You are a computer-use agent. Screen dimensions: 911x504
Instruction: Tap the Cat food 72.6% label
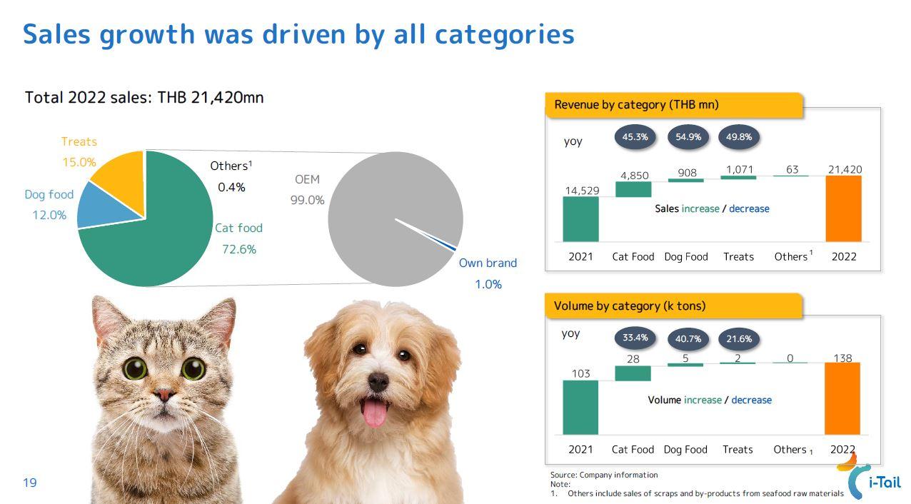tap(238, 238)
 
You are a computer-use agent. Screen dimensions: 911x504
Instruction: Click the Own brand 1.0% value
tap(488, 284)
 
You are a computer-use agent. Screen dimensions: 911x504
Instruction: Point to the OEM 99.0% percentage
tap(307, 200)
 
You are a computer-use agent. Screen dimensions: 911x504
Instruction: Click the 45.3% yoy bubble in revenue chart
tap(635, 137)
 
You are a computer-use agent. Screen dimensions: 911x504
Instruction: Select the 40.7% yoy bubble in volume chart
tap(688, 339)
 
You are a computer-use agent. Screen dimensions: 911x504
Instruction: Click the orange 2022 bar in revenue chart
tap(843, 208)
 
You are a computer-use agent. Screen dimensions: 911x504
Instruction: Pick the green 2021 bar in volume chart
tap(580, 407)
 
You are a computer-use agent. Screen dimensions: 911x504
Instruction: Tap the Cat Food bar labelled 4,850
tap(633, 189)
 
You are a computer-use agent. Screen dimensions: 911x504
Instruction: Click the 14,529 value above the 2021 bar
tap(582, 191)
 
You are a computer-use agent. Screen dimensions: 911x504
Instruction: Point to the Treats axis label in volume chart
tap(738, 450)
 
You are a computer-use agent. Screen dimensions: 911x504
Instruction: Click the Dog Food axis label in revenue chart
tap(686, 257)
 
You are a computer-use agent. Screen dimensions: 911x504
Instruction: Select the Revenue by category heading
tap(636, 104)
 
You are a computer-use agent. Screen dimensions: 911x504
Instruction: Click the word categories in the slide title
tap(505, 35)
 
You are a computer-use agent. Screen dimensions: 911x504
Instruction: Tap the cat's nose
tap(164, 394)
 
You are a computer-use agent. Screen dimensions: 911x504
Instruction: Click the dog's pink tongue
tap(375, 413)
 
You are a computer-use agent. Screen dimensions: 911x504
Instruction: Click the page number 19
tap(30, 483)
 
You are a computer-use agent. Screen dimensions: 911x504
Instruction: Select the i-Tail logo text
tap(885, 483)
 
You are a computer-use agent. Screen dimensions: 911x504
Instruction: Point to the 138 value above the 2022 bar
tap(842, 358)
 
